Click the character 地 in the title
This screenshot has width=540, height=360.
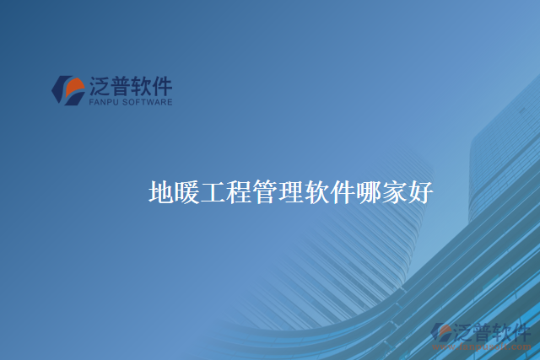(x=161, y=192)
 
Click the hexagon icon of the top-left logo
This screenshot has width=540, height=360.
(x=68, y=90)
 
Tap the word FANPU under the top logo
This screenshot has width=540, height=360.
(x=105, y=102)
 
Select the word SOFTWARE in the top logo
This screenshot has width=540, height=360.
(x=149, y=102)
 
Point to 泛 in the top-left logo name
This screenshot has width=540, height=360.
(x=99, y=86)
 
